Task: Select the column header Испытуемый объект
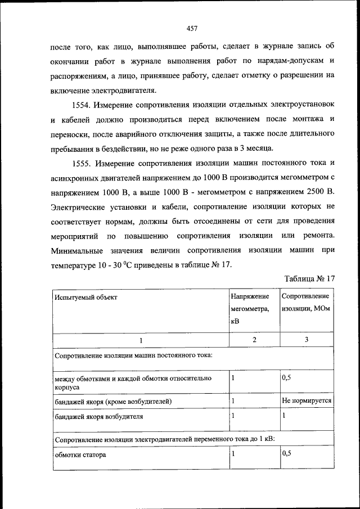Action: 85,296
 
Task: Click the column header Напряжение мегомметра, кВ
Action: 250,309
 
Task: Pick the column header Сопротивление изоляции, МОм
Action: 305,303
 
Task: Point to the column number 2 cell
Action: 254,340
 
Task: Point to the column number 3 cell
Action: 306,340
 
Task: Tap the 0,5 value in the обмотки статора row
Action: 286,453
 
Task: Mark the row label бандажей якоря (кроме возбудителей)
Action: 112,402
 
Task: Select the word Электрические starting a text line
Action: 78,208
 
